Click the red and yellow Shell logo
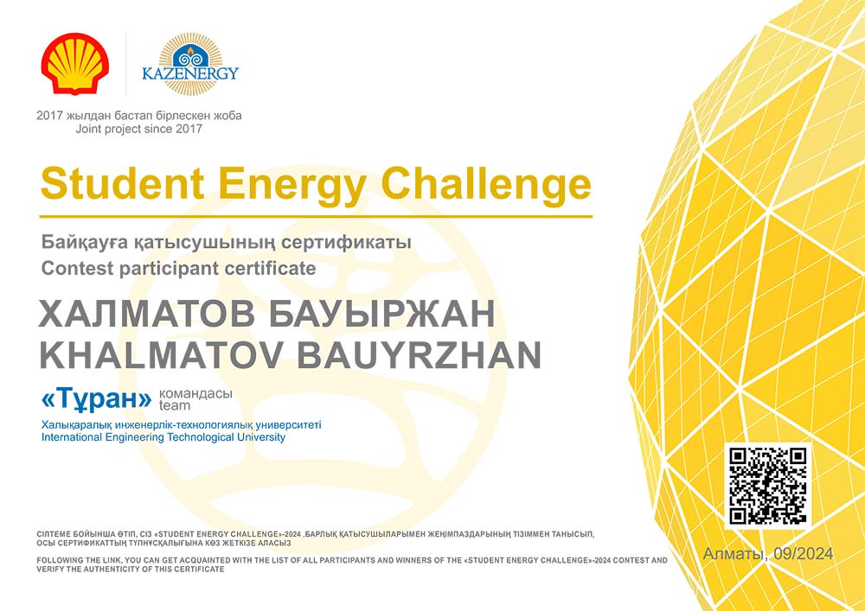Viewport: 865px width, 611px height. [x=75, y=63]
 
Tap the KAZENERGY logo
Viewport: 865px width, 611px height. [x=190, y=64]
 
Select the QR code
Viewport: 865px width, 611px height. [x=767, y=486]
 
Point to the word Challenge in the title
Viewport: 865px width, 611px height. [x=486, y=186]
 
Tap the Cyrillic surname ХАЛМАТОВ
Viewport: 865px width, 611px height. [x=147, y=315]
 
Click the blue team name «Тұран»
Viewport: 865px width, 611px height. [x=96, y=400]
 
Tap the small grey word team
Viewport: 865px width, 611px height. [x=175, y=406]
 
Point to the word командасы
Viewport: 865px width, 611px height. [x=195, y=394]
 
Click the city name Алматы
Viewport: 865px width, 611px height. [x=735, y=554]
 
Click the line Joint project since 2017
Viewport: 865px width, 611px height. [x=139, y=130]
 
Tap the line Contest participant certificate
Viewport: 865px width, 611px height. [x=178, y=268]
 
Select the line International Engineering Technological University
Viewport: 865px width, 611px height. [x=163, y=438]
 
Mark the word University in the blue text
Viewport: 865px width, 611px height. [x=260, y=438]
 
